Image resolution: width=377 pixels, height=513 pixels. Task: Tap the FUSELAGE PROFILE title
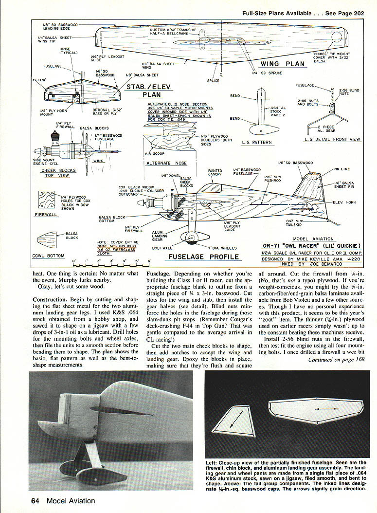pos(204,256)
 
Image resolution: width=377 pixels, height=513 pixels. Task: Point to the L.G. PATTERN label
pos(257,143)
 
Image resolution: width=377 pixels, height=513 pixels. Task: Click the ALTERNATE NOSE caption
pos(166,163)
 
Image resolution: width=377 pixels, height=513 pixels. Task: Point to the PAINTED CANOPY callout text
pos(215,172)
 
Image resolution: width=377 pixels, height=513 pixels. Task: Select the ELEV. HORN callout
pos(344,202)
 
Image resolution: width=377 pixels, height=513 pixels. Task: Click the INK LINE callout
pos(342,169)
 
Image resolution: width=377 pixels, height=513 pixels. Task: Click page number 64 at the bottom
pos(36,500)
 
